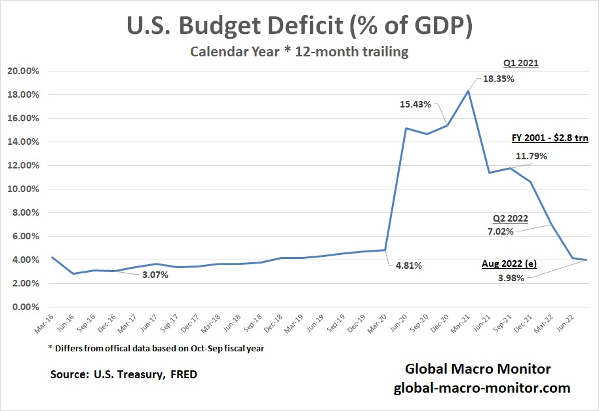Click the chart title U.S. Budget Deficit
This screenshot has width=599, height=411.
point(299,28)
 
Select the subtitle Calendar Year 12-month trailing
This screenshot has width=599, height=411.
point(299,52)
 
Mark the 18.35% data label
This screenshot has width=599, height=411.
point(498,79)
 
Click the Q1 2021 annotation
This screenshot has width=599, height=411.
point(521,64)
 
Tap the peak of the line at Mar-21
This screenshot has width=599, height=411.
point(469,90)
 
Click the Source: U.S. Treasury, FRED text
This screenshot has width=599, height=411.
point(124,375)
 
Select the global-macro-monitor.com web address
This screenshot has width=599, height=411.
point(482,388)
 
